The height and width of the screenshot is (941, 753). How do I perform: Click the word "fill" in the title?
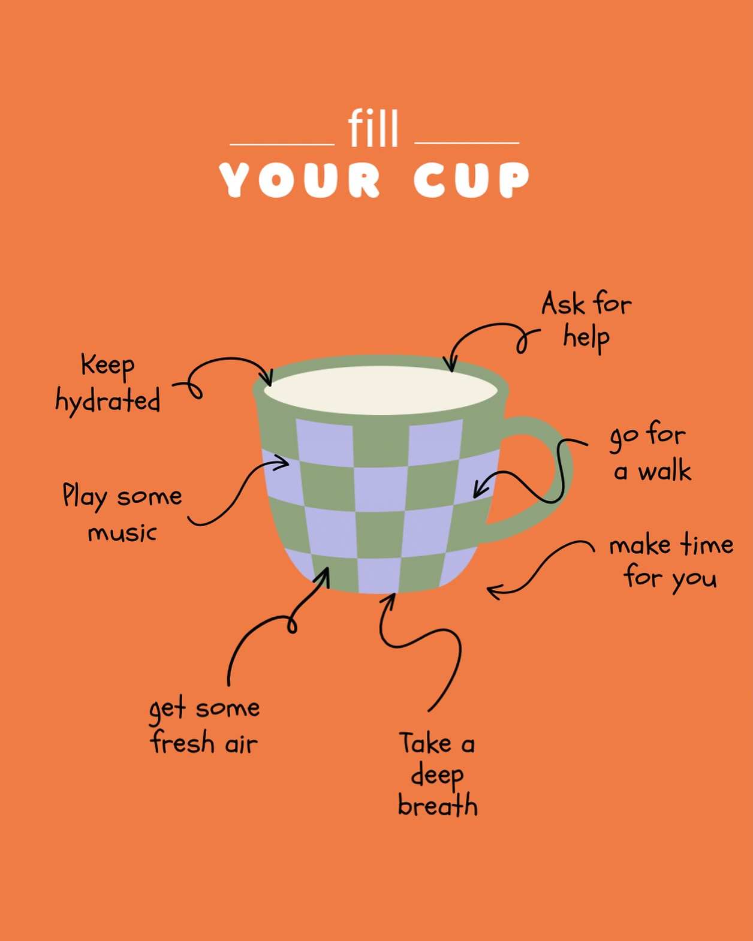pyautogui.click(x=373, y=128)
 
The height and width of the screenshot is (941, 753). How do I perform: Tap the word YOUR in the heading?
pyautogui.click(x=300, y=180)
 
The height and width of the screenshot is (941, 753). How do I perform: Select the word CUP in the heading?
pyautogui.click(x=472, y=180)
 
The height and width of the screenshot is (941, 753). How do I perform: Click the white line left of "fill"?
pyautogui.click(x=282, y=144)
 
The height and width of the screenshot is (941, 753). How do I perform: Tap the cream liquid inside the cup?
pyautogui.click(x=381, y=390)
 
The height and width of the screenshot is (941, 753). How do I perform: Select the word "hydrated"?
pyautogui.click(x=108, y=400)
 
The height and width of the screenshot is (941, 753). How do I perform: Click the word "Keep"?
pyautogui.click(x=108, y=365)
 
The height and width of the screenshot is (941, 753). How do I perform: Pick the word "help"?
pyautogui.click(x=586, y=338)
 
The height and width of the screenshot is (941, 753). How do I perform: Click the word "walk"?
pyautogui.click(x=664, y=472)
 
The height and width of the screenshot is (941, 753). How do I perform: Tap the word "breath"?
pyautogui.click(x=438, y=806)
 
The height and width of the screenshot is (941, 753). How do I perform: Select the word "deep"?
pyautogui.click(x=437, y=776)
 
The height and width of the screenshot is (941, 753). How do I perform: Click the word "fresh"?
pyautogui.click(x=182, y=743)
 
